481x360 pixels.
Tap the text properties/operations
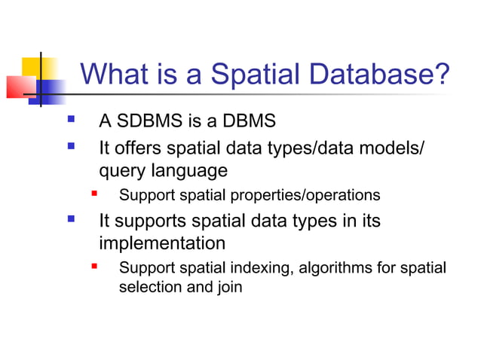point(303,195)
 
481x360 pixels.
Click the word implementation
point(162,244)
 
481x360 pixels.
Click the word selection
point(150,287)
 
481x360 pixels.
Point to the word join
point(229,287)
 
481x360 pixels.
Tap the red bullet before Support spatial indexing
point(94,267)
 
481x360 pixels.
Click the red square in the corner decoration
point(20,87)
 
